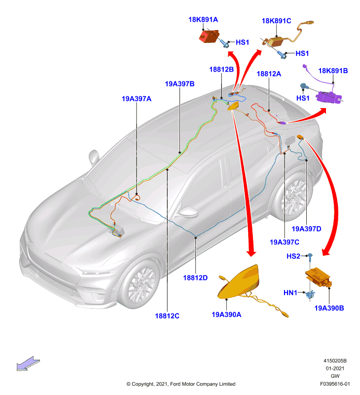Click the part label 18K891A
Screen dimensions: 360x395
[x=203, y=20]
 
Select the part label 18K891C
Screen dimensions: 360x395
[x=276, y=21]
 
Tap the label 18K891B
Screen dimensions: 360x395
[x=333, y=71]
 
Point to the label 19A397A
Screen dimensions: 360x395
[x=137, y=99]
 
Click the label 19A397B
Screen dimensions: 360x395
[x=180, y=84]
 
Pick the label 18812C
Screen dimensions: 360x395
[x=167, y=316]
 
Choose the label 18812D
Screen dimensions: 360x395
[x=195, y=278]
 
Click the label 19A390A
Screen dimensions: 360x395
[x=226, y=315]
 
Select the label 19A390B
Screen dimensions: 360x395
[x=329, y=308]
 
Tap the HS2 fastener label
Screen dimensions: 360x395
[x=293, y=256]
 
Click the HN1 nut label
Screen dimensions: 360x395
[x=290, y=293]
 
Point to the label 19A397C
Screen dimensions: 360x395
[x=285, y=242]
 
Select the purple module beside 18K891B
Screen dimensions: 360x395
[x=328, y=97]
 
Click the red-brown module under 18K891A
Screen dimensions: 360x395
[x=209, y=36]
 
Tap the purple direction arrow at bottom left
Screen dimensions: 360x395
[x=28, y=363]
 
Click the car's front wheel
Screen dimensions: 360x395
[x=140, y=283]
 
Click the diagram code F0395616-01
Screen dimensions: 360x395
[x=335, y=384]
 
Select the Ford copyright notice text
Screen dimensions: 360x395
[x=181, y=384]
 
